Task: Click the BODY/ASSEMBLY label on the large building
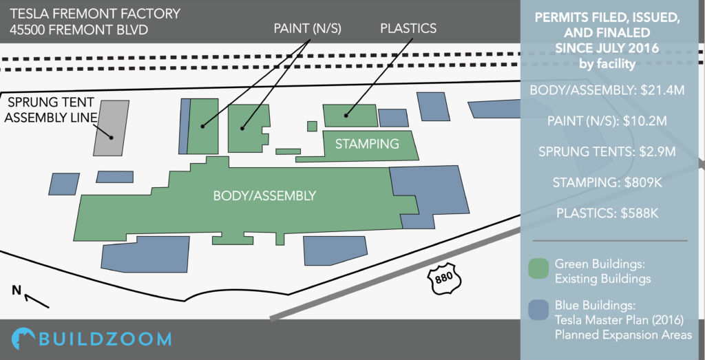click(264, 196)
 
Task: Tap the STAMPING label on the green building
click(368, 145)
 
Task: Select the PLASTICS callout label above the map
click(408, 28)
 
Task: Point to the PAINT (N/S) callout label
click(308, 28)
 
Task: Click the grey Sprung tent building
click(111, 128)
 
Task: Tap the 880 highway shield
click(443, 281)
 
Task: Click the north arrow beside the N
click(37, 301)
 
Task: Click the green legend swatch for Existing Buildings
click(538, 268)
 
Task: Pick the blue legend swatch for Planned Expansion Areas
click(538, 310)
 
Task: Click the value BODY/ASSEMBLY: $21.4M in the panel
click(607, 91)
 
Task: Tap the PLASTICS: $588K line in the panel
click(607, 213)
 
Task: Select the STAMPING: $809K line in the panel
click(607, 182)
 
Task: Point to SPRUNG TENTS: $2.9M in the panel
click(607, 152)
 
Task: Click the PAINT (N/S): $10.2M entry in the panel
click(607, 121)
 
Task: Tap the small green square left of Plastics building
click(312, 126)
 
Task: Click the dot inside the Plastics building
click(346, 116)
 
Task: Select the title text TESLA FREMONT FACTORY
click(95, 14)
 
